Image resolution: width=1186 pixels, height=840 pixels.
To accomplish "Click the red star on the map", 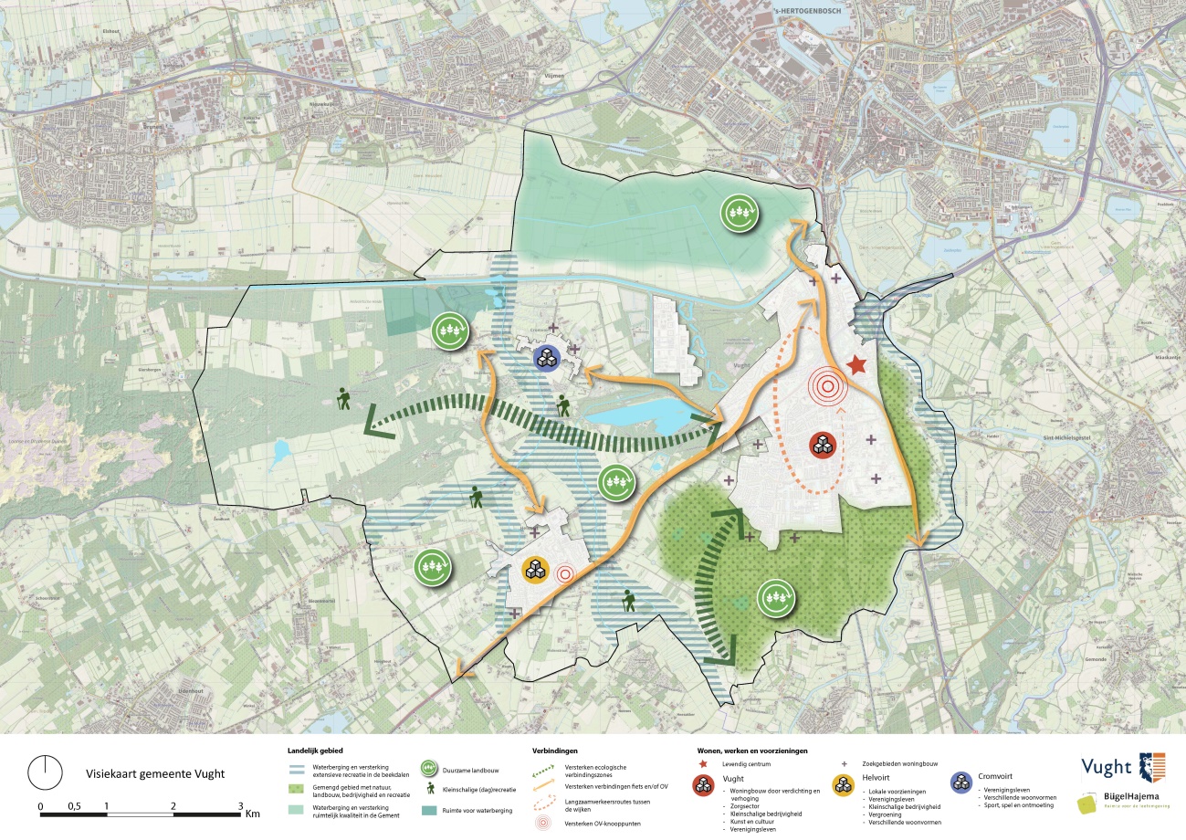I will (x=856, y=366).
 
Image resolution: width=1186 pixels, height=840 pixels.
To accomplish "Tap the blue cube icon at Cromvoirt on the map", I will (x=545, y=358).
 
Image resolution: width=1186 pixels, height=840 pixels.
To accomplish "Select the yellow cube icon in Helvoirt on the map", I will (x=534, y=571).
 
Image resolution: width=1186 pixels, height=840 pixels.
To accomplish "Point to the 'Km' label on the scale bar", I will (x=253, y=812).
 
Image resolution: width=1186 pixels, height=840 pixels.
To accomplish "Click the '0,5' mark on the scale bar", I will (x=74, y=806).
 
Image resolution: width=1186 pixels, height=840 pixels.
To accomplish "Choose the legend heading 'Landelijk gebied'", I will (x=315, y=750).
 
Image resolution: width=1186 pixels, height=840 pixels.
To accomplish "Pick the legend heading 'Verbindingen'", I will (x=553, y=750).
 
